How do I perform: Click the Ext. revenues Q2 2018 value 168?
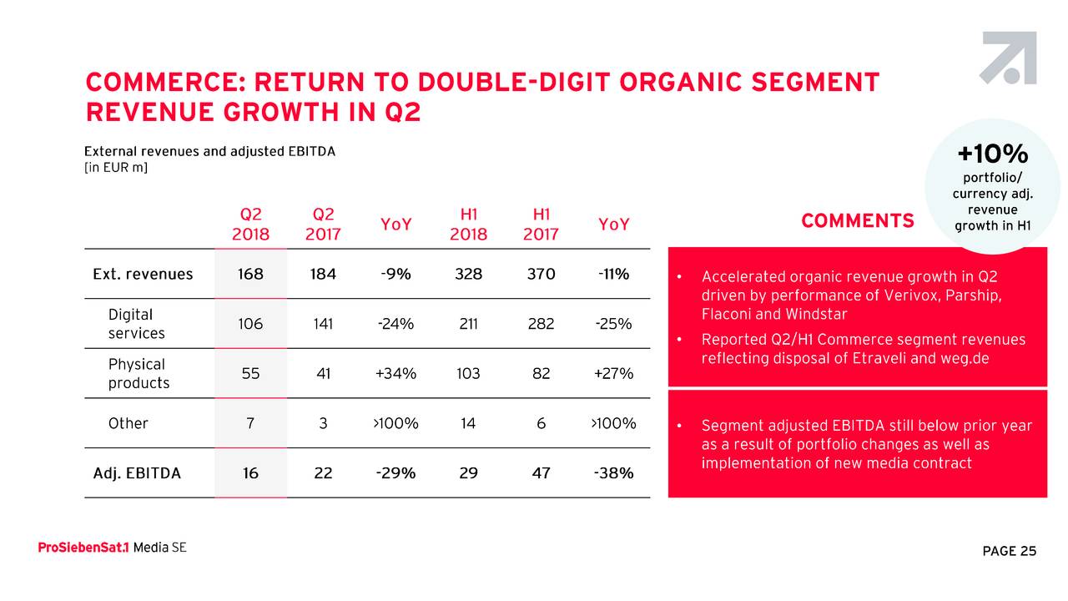coord(250,274)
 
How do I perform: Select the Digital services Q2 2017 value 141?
coord(323,324)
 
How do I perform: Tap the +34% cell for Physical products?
coord(395,374)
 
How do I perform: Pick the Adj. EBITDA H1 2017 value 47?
coord(541,473)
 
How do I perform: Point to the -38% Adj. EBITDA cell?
coord(613,473)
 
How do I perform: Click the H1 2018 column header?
coord(468,224)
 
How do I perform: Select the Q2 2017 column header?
coord(323,224)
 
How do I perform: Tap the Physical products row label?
coord(139,374)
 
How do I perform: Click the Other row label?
coord(128,423)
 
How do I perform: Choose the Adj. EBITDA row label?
coord(137,473)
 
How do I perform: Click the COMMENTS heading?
coord(857,221)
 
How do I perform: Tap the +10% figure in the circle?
coord(992,154)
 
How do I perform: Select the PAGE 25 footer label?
coord(1009,551)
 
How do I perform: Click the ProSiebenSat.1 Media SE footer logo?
coord(112,548)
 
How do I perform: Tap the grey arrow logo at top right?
coord(1009,58)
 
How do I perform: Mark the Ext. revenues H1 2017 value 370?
coord(541,274)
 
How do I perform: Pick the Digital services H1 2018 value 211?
coord(468,324)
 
